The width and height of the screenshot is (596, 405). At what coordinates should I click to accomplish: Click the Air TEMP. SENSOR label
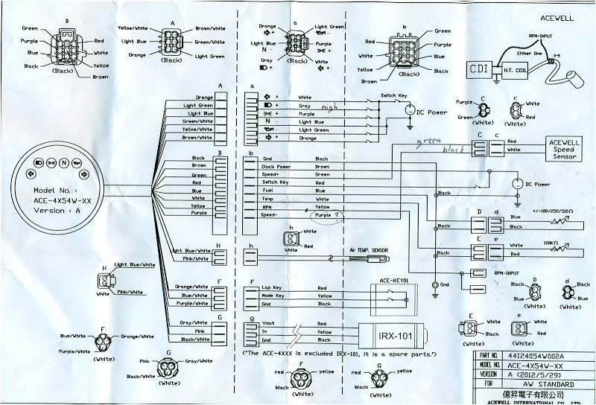(x=370, y=251)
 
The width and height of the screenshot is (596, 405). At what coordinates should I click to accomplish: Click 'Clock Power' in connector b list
(x=275, y=167)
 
